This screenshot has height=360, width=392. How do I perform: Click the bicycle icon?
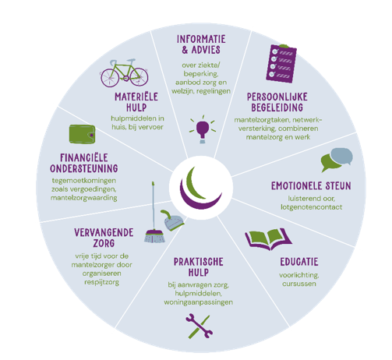coord(125,73)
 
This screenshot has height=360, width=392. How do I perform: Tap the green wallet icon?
coord(82,134)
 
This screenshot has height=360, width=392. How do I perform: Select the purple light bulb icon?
coord(203,129)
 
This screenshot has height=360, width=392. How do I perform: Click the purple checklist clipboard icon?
coord(281,64)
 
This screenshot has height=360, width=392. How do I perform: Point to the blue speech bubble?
coord(342,156)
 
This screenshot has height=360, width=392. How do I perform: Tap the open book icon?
coord(269,239)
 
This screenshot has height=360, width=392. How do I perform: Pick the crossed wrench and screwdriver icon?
coord(200,326)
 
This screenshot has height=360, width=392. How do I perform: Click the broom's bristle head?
coord(154,236)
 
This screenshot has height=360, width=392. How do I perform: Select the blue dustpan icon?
coord(172,221)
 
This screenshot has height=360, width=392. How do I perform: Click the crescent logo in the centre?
coord(200,187)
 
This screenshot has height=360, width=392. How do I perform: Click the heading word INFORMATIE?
coord(201,39)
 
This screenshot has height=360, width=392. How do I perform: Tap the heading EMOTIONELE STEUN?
coord(311,186)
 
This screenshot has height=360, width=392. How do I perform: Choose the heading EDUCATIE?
coord(299,262)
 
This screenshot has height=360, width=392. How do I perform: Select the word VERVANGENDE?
coord(104,232)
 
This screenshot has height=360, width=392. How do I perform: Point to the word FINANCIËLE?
coord(83,157)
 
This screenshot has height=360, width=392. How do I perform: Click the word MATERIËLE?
coord(136,97)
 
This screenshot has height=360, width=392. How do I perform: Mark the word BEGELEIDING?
coord(277,108)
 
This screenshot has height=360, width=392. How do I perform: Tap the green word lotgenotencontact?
coord(311,207)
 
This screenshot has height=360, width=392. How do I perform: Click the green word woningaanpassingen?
coord(198,302)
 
